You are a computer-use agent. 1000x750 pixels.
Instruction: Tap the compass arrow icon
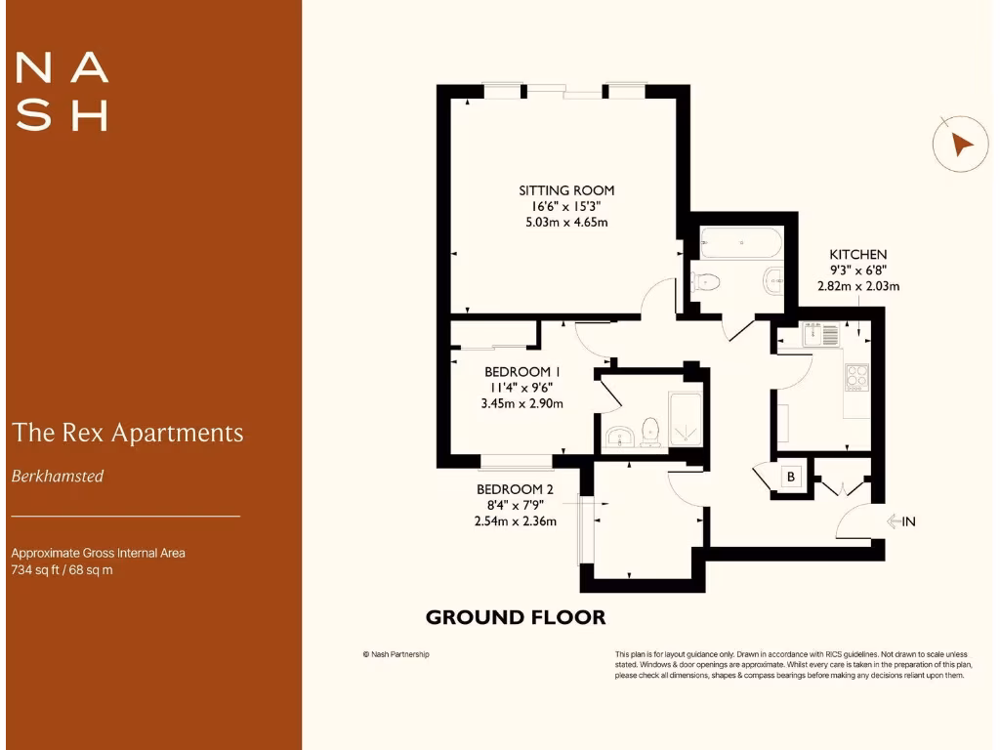point(961,146)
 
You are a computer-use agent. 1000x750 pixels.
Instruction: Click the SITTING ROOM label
point(566,190)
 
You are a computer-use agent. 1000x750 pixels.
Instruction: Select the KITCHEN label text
point(857,255)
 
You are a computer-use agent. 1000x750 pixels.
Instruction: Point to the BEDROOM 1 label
point(522,372)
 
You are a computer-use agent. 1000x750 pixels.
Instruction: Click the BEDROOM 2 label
point(515,489)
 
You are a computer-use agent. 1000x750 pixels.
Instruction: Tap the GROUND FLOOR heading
point(516,617)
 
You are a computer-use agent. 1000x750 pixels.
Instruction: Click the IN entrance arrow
point(899,521)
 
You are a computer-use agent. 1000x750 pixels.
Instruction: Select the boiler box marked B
point(792,477)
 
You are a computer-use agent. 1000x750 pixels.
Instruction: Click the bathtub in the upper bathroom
point(741,241)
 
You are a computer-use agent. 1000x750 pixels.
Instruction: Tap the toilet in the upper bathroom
point(705,282)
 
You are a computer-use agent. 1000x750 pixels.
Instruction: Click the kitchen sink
point(820,336)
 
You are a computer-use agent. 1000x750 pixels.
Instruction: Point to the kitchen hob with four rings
point(856,376)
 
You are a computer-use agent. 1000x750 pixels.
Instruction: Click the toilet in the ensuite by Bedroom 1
point(649,432)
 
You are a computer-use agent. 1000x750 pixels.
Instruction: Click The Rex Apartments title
point(127,432)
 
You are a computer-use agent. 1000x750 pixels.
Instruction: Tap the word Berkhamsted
point(58,477)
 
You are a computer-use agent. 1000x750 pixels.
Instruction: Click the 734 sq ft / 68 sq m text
point(62,569)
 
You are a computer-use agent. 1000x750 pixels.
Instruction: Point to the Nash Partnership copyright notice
point(396,654)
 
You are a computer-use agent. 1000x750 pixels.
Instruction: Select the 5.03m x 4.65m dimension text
point(566,222)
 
